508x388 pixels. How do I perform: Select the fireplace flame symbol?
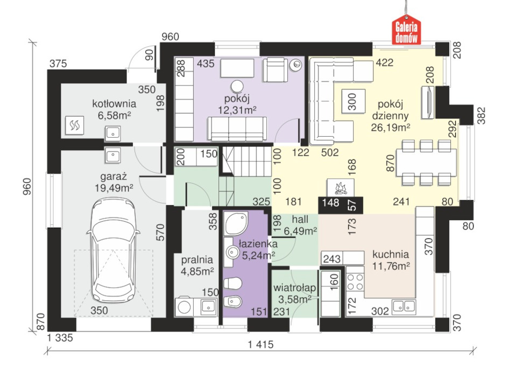coord(340,188)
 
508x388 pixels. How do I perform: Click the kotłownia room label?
coord(114,104)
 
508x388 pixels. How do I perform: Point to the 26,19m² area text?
coord(390,128)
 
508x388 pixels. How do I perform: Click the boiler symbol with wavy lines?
coord(75,125)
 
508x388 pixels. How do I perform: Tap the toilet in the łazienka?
coord(232,284)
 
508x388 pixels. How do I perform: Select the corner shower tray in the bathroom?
coord(236,223)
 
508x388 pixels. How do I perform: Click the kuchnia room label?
coord(390,255)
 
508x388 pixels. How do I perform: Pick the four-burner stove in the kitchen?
coord(355,282)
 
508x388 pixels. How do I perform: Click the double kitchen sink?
coord(404,306)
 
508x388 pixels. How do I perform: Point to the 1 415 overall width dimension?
coord(261,344)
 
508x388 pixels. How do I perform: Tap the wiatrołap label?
coord(294,288)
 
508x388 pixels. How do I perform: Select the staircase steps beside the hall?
coord(246,175)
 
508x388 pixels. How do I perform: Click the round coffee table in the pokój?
coord(237,86)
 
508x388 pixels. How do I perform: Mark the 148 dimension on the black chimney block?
coord(331,203)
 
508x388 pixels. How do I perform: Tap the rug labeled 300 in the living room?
coord(353,101)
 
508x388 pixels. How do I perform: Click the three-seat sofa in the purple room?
coord(237,129)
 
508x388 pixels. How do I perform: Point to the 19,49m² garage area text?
coord(114,188)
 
